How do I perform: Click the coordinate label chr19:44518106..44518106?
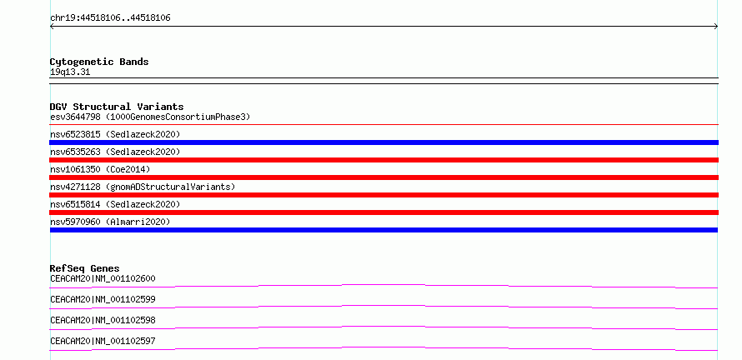[110, 18]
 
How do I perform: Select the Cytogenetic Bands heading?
[99, 62]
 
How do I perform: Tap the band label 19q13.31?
[70, 72]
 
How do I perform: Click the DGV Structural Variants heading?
[117, 107]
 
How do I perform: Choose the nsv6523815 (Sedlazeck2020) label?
[115, 134]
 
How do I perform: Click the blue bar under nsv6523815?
[384, 142]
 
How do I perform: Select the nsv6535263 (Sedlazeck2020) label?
[115, 152]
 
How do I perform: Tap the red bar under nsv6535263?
[384, 160]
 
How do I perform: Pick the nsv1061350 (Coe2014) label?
[100, 169]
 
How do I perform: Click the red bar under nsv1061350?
[384, 177]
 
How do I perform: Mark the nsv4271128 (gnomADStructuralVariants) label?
[143, 187]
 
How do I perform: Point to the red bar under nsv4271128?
[384, 195]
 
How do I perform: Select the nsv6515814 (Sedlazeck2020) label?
[115, 204]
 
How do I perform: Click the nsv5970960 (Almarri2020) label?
[110, 222]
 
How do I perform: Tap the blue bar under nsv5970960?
[384, 230]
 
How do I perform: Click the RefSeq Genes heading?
[85, 268]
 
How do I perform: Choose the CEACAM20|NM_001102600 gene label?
[103, 278]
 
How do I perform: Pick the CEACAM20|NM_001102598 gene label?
[103, 320]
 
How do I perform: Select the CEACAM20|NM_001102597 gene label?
[103, 341]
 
